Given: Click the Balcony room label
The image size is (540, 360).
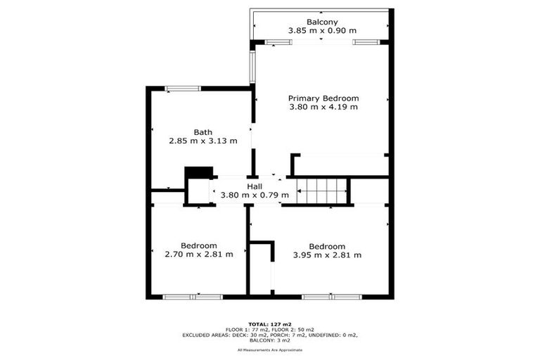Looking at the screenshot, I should [x=321, y=22].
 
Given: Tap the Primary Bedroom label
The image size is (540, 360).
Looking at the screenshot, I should [x=323, y=98].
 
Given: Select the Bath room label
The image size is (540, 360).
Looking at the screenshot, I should [x=203, y=132].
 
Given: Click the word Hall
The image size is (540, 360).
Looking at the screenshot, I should [x=254, y=186].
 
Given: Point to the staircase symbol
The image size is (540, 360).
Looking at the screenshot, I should [x=323, y=191].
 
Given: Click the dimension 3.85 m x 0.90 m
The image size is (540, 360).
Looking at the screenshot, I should [x=322, y=31].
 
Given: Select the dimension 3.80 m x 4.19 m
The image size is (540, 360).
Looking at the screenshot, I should [x=323, y=108].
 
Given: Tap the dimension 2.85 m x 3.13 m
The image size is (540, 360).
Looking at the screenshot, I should [x=203, y=141].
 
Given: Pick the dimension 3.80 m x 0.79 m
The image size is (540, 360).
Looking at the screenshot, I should [x=255, y=195].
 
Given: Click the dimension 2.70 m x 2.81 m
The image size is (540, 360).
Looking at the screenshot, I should [x=198, y=255].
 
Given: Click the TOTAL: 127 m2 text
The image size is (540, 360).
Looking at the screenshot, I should [x=270, y=323].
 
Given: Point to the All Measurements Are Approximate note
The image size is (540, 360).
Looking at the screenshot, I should [x=270, y=349].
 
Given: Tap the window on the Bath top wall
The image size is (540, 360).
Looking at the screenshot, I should [x=183, y=89].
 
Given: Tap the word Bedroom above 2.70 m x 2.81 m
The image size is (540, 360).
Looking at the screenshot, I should [x=198, y=245].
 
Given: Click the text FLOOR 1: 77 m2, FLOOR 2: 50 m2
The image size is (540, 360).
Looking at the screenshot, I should [x=270, y=330].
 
